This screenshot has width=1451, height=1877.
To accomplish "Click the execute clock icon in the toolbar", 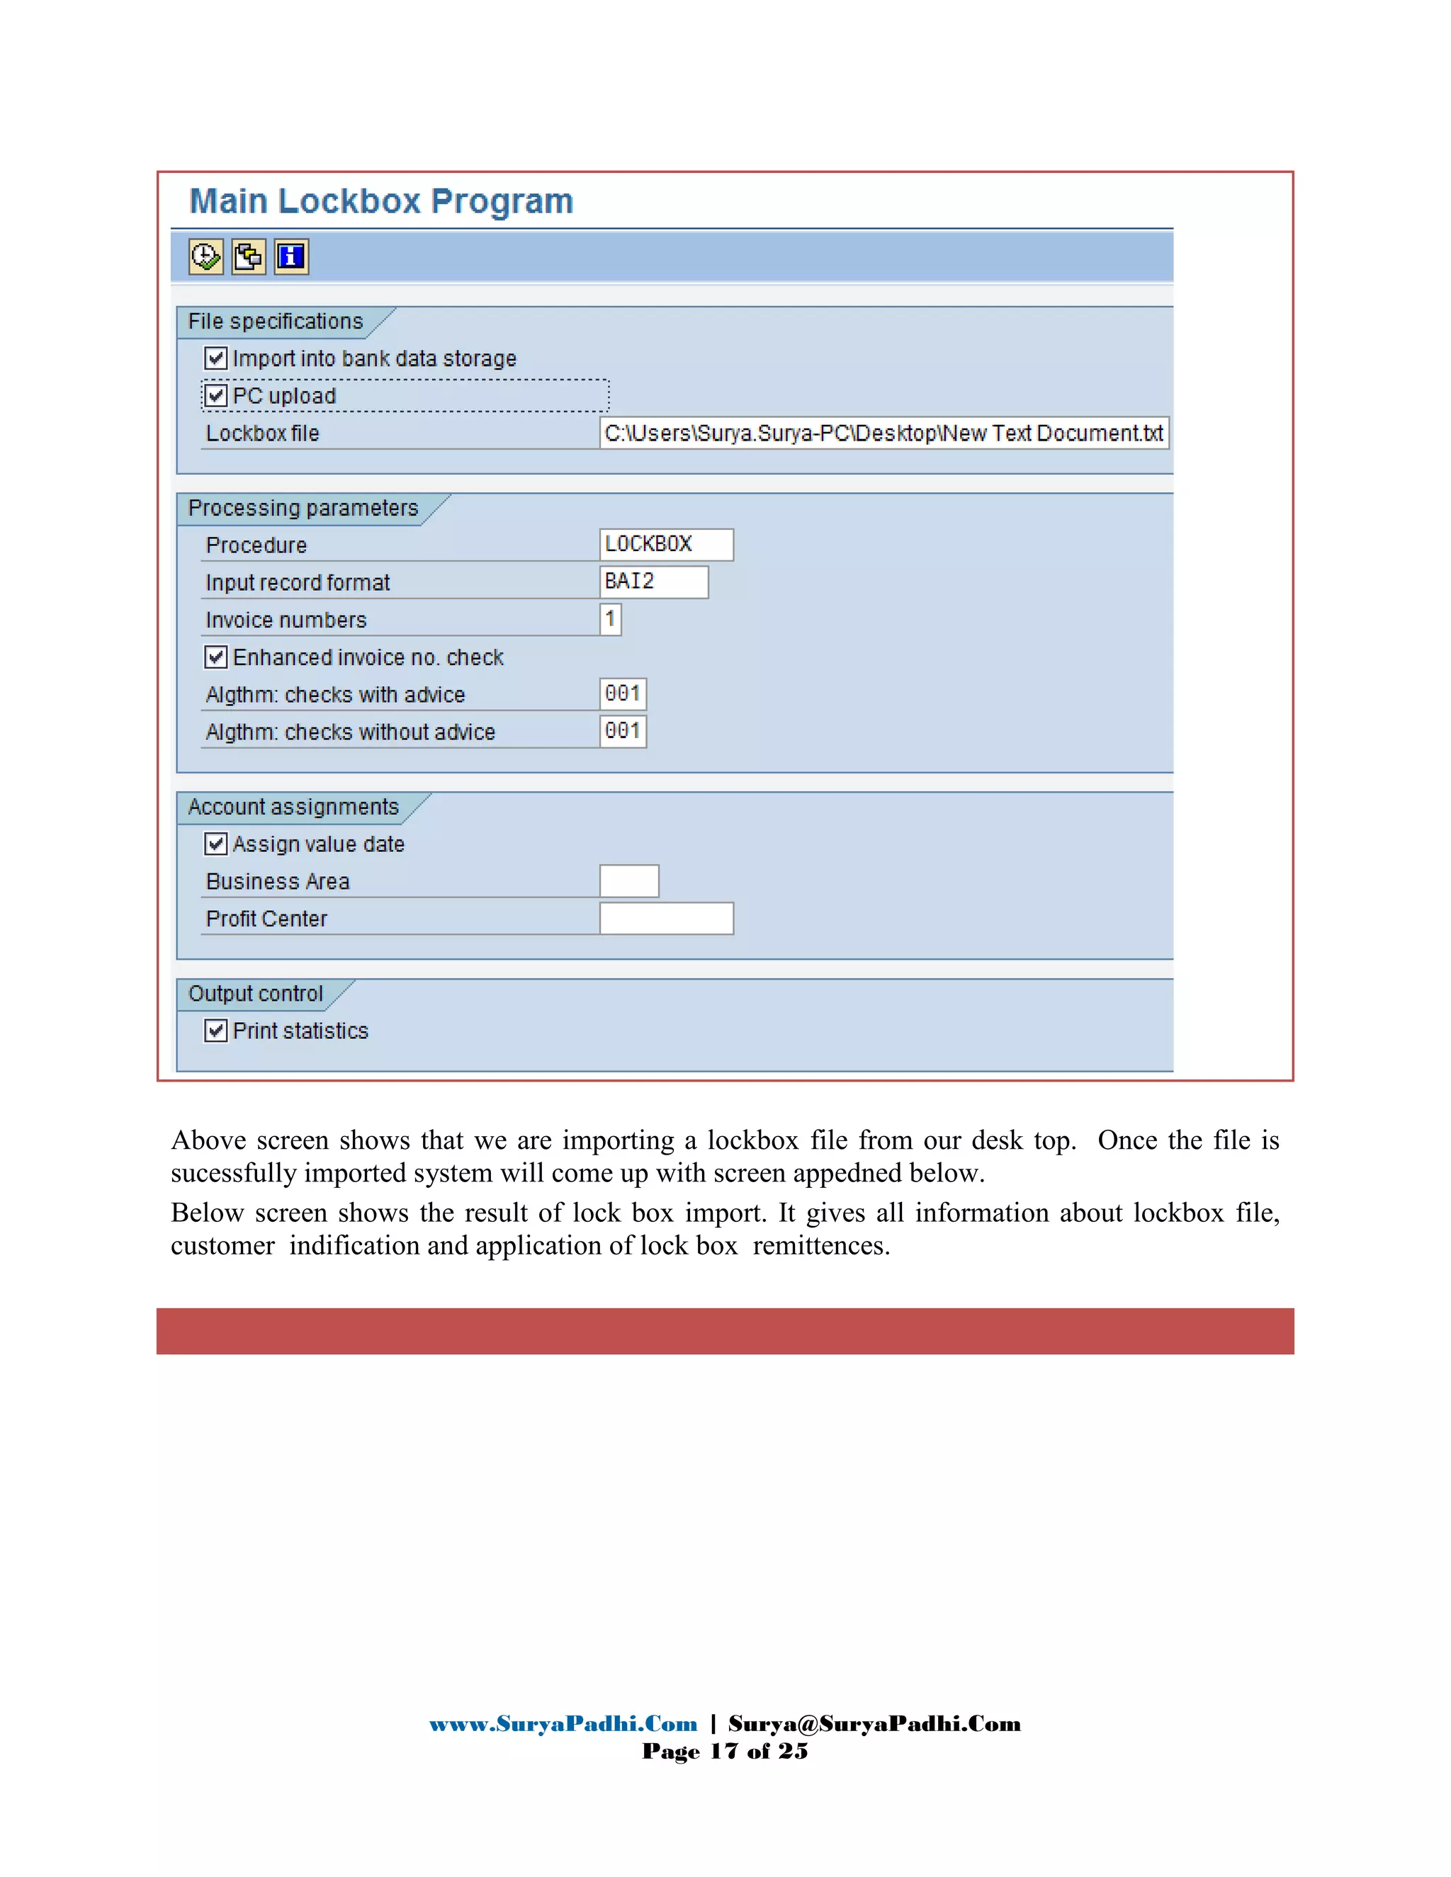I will coord(205,256).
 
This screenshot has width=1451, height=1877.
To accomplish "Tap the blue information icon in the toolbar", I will coord(291,256).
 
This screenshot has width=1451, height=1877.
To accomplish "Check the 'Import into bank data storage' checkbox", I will coord(216,358).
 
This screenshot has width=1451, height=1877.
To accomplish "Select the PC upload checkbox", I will coord(216,396).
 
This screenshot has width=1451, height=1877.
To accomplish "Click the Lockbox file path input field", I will coord(883,433).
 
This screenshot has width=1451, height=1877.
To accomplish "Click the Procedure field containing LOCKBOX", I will coord(666,545).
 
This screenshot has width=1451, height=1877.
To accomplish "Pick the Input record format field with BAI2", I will coord(653,582).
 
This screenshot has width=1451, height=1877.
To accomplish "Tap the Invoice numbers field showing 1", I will coord(610,619).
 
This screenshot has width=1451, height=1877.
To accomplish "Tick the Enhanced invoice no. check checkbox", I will coord(216,657).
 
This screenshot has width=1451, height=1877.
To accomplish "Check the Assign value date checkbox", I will coord(216,844).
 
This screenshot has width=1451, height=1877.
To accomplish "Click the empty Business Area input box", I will coord(629,881).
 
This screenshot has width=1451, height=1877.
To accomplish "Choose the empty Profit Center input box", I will coord(666,919).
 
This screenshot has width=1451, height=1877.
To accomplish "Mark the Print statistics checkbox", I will coord(216,1031).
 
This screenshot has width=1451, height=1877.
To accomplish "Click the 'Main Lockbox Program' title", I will coord(380,201).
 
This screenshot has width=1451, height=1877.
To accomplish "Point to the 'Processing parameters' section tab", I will coord(303,508).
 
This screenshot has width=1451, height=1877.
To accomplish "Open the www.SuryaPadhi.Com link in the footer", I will coord(563,1724).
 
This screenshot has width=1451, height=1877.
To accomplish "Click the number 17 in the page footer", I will coord(724,1752).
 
